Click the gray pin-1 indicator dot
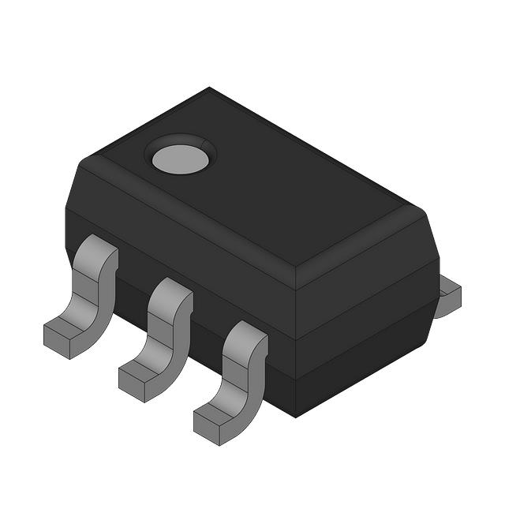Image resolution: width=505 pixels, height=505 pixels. click(181, 159)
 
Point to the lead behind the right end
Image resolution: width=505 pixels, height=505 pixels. click(449, 296)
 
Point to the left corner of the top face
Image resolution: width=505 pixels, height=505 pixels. click(83, 161)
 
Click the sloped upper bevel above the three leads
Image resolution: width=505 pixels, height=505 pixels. click(189, 229)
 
